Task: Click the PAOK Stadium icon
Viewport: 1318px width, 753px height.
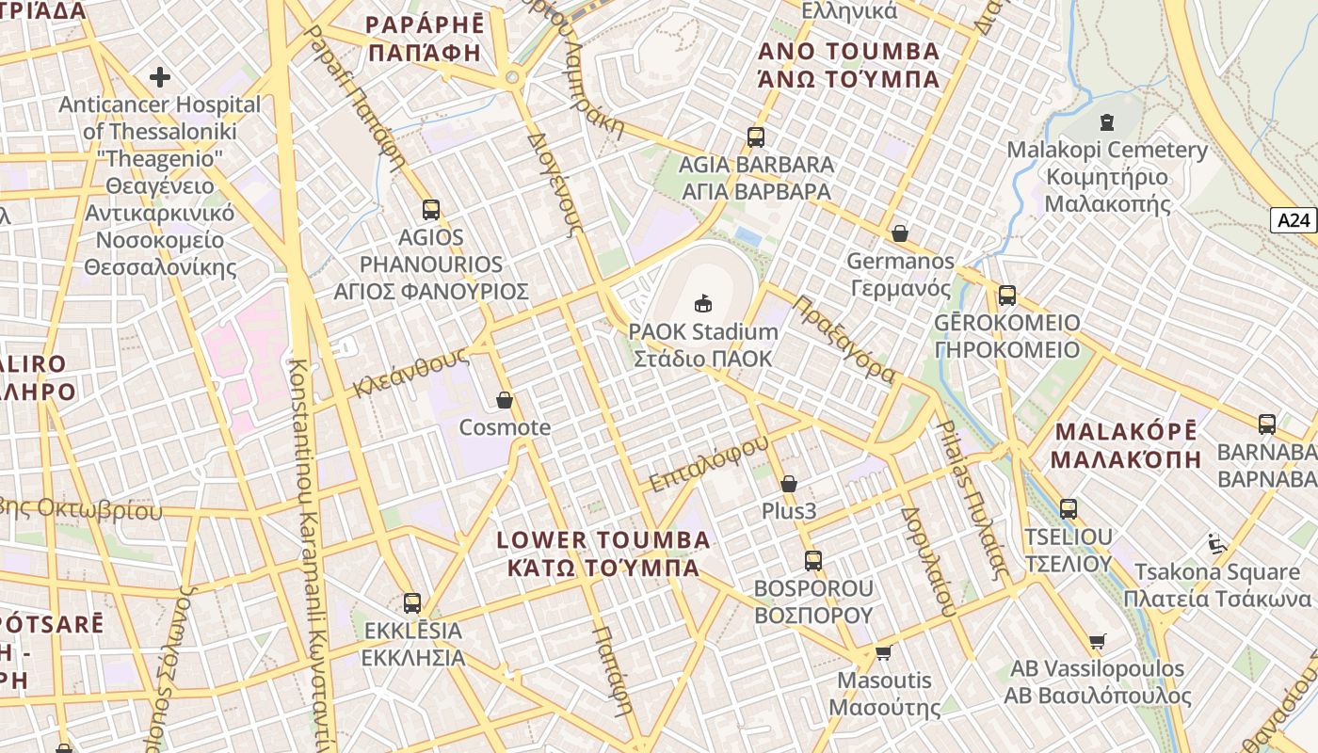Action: (703, 303)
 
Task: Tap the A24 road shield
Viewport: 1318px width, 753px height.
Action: (1294, 220)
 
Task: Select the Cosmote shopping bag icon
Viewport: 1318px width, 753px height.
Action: (505, 400)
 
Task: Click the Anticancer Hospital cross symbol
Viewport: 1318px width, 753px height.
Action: (160, 76)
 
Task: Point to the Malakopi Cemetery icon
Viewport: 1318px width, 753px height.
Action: (1106, 122)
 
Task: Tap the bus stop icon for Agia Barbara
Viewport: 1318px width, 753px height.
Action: (755, 137)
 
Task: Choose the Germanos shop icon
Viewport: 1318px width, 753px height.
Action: (900, 233)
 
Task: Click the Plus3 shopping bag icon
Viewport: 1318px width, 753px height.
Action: (789, 484)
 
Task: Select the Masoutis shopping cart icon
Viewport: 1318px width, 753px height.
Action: (883, 652)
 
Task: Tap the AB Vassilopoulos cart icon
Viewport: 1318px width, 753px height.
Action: (1097, 641)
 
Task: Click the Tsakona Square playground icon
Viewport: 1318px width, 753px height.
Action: (1216, 543)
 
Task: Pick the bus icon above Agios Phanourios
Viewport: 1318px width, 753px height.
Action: (431, 210)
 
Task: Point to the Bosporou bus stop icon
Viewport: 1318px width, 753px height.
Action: (813, 561)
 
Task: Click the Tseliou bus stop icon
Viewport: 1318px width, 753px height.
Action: (1068, 509)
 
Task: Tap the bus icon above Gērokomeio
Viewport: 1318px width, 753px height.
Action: (1007, 296)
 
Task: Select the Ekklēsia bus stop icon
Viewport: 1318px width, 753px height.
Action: (412, 603)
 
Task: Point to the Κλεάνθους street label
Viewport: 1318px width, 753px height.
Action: (411, 373)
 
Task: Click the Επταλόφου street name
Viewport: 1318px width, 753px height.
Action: (709, 462)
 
